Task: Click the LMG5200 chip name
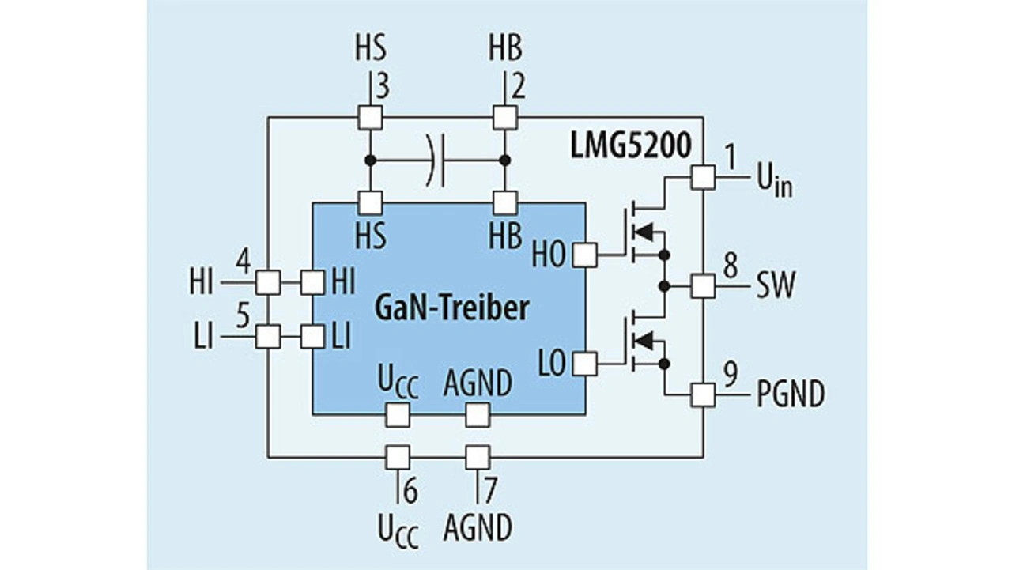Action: (631, 145)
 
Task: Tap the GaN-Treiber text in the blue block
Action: (451, 308)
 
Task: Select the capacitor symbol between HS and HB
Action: (436, 160)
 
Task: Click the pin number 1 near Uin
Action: (730, 157)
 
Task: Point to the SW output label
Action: (776, 285)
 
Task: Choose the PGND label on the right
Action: (791, 394)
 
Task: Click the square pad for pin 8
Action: (704, 286)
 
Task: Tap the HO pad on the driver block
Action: (585, 255)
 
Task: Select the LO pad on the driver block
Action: (585, 364)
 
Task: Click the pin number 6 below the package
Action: (410, 492)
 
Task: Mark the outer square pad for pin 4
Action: (268, 283)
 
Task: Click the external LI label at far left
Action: (203, 337)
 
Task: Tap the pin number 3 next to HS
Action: (382, 87)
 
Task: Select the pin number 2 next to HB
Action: (518, 87)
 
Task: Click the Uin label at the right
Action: (774, 182)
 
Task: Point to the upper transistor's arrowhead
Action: (644, 233)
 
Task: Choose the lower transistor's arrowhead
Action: (644, 341)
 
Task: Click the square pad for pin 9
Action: (704, 394)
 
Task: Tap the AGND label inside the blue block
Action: (478, 383)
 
